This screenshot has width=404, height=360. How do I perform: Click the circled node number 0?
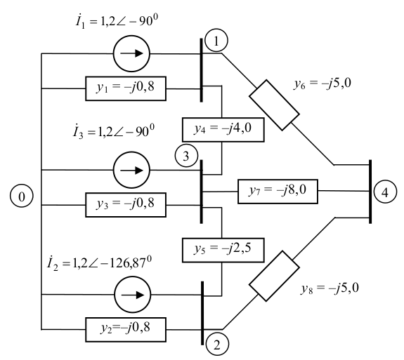coord(22,196)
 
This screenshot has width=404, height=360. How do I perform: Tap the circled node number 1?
coord(216,41)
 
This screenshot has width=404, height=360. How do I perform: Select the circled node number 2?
coord(217,345)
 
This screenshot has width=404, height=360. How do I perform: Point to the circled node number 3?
coord(186,156)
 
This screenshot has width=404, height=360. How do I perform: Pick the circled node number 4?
coord(385,192)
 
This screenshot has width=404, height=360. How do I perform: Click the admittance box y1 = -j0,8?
coord(126,88)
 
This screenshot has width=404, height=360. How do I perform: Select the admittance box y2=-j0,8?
coord(126,330)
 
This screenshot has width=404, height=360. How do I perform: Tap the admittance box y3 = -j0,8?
coord(126,205)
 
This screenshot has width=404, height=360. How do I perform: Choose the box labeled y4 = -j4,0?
coord(223,130)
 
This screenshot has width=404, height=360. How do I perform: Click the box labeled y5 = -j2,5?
coord(223,250)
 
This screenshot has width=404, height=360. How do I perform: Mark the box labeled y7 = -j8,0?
coord(278,192)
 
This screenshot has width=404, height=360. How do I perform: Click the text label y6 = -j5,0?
coord(322,84)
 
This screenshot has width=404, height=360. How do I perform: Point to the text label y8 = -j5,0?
coord(330,288)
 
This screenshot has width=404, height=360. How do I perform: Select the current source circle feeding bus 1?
coord(131,53)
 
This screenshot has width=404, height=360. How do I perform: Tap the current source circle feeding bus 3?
coord(131,170)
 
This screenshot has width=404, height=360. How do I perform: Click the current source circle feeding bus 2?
coord(132,295)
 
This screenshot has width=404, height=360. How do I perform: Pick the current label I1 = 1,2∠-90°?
coord(117,21)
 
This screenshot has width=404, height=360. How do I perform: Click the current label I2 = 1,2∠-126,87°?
coord(99,262)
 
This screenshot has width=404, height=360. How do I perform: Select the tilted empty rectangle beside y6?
coord(274,105)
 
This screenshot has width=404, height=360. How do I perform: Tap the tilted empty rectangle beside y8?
coord(274,276)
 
